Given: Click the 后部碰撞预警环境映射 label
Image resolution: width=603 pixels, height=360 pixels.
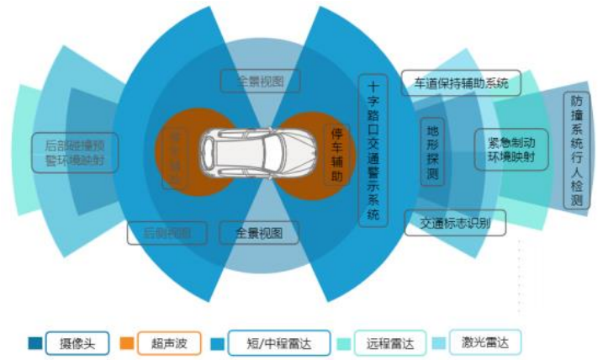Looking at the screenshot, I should coord(75,151).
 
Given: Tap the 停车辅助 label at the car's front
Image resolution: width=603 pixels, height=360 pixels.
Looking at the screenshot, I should coord(336,155).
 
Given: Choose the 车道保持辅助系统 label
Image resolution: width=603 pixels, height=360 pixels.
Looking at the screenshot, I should coord(460,82).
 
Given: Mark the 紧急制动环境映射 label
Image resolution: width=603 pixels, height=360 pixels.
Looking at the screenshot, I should coord(511,149).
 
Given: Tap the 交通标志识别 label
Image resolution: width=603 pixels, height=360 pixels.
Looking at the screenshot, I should coord(455,223).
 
